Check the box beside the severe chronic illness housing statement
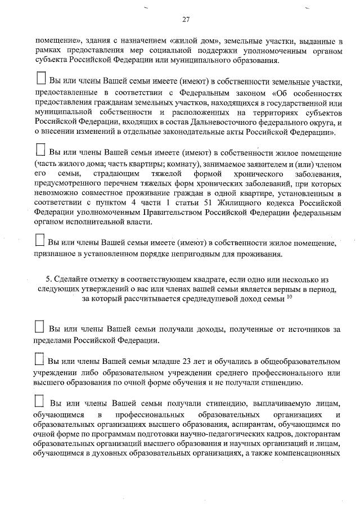pyautogui.click(x=40, y=150)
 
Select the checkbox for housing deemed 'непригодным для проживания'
pyautogui.click(x=39, y=241)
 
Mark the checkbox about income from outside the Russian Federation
pyautogui.click(x=39, y=327)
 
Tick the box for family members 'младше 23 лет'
pyautogui.click(x=39, y=359)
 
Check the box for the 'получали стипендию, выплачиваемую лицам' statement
pyautogui.click(x=39, y=402)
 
